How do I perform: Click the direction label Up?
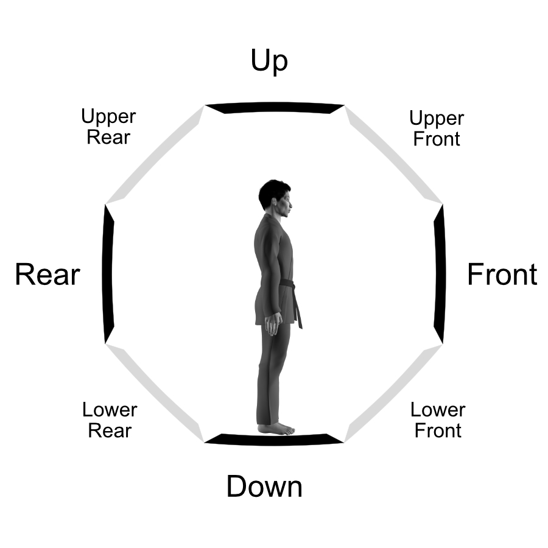tap(269, 61)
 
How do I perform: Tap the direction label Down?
tap(264, 487)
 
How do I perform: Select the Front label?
tap(502, 275)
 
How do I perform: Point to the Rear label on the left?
tap(47, 275)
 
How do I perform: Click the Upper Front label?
tap(437, 128)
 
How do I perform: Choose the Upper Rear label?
tap(108, 127)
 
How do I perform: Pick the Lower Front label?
tap(438, 420)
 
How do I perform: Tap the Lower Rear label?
tap(110, 420)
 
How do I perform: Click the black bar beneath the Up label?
tap(275, 108)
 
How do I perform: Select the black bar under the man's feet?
tap(275, 438)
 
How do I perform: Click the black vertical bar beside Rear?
tap(108, 274)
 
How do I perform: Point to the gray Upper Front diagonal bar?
tap(393, 155)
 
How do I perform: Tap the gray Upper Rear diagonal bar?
tap(155, 155)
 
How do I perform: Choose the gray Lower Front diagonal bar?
tap(393, 393)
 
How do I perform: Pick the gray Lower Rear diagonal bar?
tap(155, 393)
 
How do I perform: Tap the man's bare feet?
tap(277, 429)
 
